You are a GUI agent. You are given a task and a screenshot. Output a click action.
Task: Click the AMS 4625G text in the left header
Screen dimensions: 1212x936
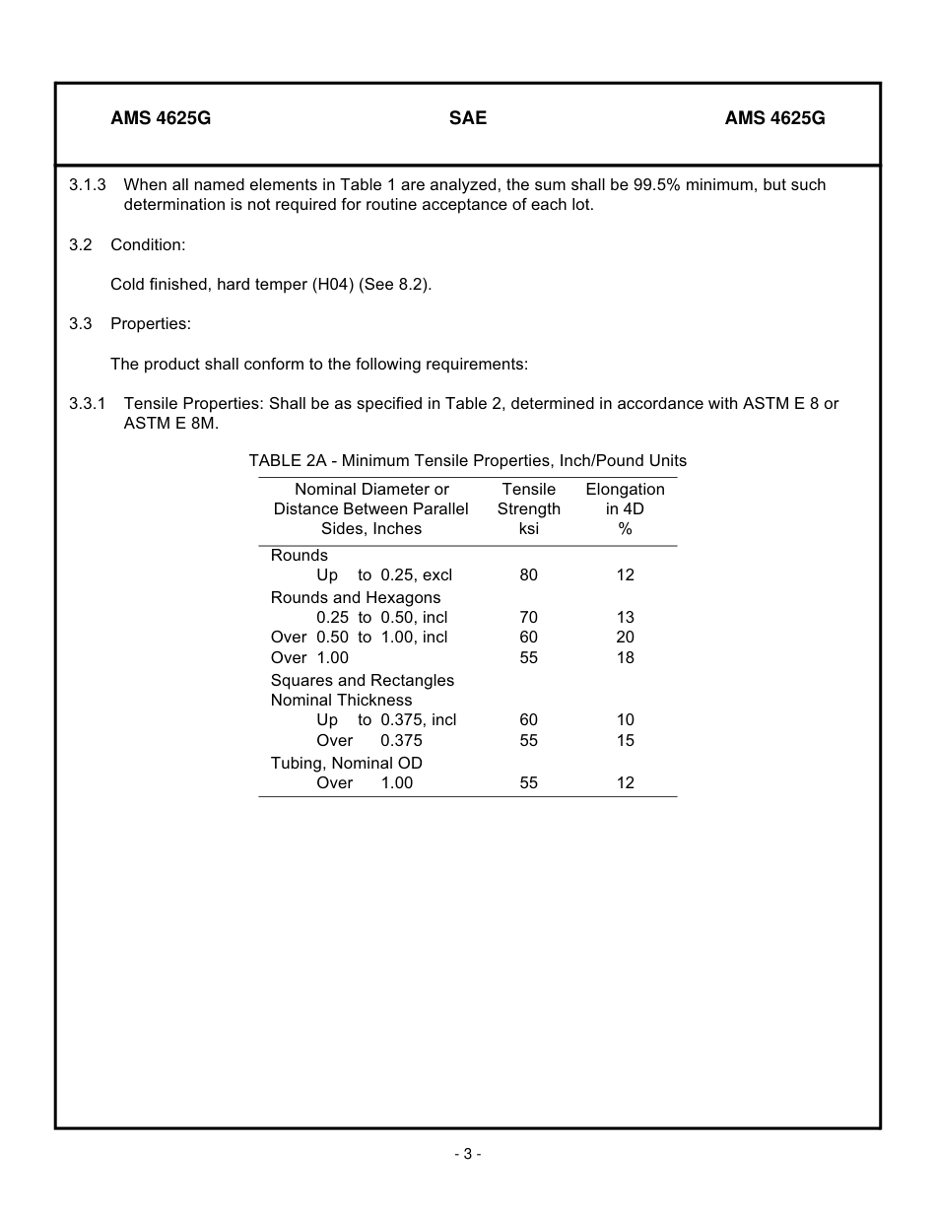(161, 118)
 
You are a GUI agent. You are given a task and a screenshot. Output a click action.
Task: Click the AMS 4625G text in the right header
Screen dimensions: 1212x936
(774, 118)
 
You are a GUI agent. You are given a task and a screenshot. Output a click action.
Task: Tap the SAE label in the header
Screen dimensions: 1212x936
(468, 118)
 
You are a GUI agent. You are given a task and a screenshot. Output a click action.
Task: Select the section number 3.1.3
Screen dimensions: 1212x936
(88, 185)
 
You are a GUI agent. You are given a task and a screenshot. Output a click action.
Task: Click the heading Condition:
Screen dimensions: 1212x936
(148, 244)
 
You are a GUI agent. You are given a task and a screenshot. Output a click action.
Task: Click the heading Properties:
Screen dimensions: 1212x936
(151, 323)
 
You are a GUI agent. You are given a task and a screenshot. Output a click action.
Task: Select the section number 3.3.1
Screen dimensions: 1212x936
(88, 404)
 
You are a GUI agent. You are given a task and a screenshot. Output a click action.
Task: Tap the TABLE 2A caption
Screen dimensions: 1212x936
(468, 461)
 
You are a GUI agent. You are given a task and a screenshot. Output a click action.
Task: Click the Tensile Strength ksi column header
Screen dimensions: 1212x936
(529, 509)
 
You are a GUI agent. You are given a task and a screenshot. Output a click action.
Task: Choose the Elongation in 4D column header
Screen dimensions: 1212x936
(625, 509)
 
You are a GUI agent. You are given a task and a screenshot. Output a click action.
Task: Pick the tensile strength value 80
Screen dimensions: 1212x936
(529, 575)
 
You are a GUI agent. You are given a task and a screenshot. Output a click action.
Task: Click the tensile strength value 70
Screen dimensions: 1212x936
(529, 618)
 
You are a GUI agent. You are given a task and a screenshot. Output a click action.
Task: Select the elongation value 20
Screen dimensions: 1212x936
(625, 638)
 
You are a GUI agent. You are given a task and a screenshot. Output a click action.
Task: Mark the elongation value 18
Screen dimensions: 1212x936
(625, 658)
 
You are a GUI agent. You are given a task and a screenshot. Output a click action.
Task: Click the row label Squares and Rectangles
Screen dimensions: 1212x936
(363, 681)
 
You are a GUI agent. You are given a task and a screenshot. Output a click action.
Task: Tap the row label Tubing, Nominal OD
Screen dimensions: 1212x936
(347, 764)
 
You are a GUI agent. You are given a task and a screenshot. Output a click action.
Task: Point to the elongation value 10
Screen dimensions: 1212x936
(625, 720)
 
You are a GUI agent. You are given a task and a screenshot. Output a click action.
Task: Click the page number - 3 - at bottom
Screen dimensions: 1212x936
(468, 1155)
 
